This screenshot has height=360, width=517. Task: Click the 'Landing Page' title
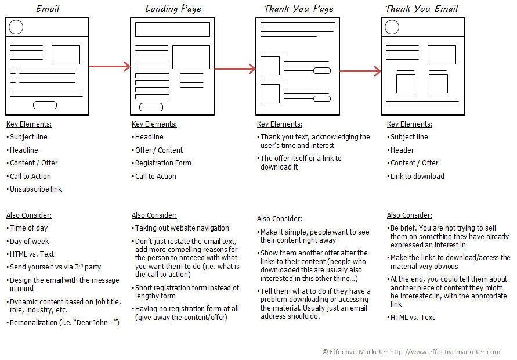pyautogui.click(x=173, y=9)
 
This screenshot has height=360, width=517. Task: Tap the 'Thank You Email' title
pyautogui.click(x=422, y=9)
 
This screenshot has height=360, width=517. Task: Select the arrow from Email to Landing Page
pyautogui.click(x=110, y=67)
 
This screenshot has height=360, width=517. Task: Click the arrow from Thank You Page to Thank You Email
pyautogui.click(x=360, y=71)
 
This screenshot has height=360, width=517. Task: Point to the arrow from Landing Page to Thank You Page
pyautogui.click(x=235, y=69)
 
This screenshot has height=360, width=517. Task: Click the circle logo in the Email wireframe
pyautogui.click(x=16, y=27)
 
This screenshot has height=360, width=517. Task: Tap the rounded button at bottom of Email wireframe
pyautogui.click(x=45, y=105)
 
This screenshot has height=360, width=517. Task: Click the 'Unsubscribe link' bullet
pyautogui.click(x=35, y=189)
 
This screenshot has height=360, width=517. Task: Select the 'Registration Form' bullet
pyautogui.click(x=162, y=163)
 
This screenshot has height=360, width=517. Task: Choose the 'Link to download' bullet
pyautogui.click(x=417, y=177)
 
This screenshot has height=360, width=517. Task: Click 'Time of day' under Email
pyautogui.click(x=29, y=228)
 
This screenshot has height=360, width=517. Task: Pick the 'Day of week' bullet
pyautogui.click(x=29, y=242)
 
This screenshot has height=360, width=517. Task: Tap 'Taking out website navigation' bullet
pyautogui.click(x=182, y=228)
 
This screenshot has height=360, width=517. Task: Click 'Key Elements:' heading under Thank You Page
pyautogui.click(x=279, y=124)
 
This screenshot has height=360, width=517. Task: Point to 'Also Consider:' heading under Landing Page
pyautogui.click(x=154, y=215)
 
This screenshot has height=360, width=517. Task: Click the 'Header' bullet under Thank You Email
pyautogui.click(x=402, y=150)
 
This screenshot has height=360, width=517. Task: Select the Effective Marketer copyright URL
pyautogui.click(x=445, y=352)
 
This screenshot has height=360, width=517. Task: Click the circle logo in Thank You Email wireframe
pyautogui.click(x=392, y=27)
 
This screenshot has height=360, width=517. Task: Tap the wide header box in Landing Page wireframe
pyautogui.click(x=172, y=30)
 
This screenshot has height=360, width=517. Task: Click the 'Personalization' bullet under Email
pyautogui.click(x=64, y=323)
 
